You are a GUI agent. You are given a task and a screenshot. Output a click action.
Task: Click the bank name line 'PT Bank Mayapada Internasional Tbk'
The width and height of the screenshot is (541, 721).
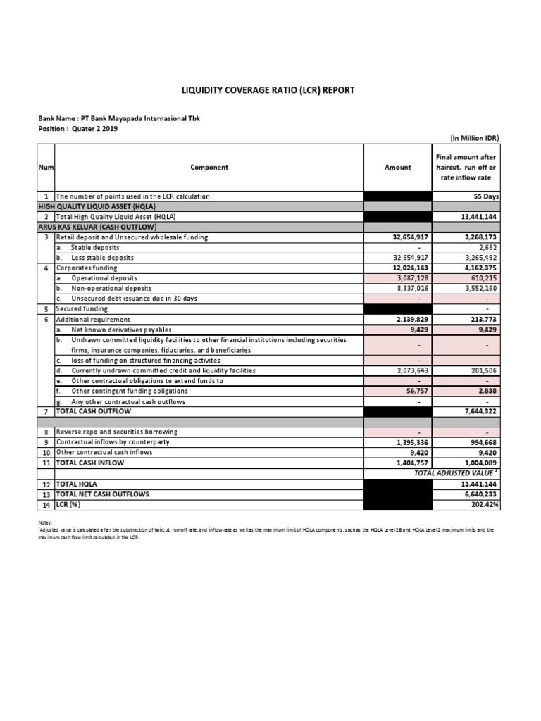pos(119,118)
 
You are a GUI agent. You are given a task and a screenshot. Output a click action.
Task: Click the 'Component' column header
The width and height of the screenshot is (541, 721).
pos(209,168)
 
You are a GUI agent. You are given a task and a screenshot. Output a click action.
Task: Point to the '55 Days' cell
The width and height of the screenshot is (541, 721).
pos(487,196)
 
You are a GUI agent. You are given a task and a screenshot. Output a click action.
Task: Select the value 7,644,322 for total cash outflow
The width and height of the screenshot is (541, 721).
pos(480,410)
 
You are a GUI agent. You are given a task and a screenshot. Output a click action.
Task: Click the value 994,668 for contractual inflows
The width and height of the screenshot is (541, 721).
pos(482,442)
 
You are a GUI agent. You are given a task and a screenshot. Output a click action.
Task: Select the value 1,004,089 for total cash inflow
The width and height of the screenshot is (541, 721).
pos(480,463)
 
